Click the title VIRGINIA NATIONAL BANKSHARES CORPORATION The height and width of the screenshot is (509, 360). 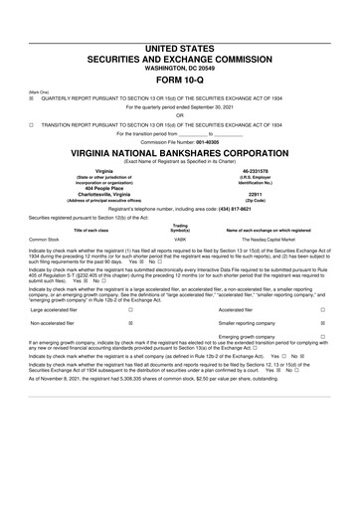[x=180, y=155]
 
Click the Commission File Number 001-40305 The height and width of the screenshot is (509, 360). [x=180, y=145]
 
